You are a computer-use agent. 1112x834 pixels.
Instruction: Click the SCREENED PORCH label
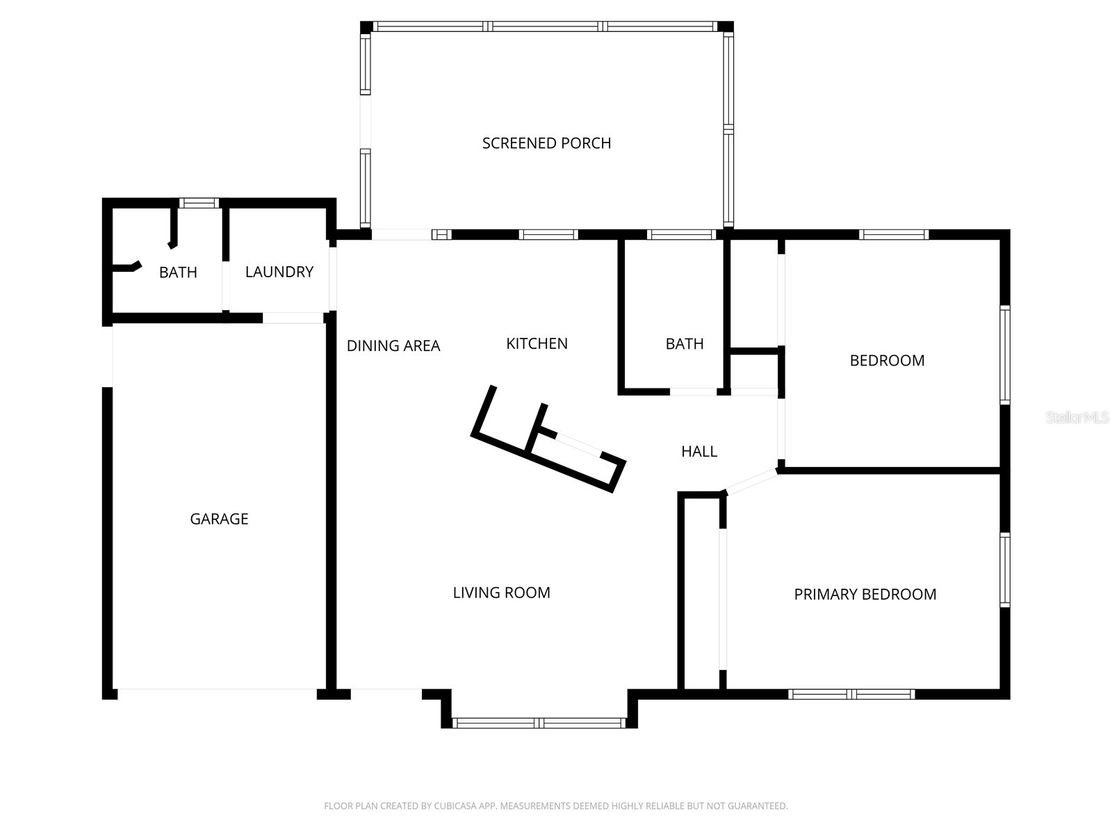(x=546, y=143)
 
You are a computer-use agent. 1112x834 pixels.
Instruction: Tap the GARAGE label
(x=219, y=519)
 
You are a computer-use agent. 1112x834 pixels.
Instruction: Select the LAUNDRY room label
(x=279, y=272)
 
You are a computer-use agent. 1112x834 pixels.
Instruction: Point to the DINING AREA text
(x=393, y=345)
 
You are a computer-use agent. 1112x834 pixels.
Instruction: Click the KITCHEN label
(x=537, y=343)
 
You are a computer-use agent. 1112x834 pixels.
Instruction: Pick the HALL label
(x=698, y=452)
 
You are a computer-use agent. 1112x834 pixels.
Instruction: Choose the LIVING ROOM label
(x=501, y=593)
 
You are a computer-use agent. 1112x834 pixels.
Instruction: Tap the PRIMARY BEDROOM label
(x=865, y=594)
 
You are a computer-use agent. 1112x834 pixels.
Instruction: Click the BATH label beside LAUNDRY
(x=178, y=272)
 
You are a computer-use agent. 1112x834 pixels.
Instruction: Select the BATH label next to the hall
(x=684, y=344)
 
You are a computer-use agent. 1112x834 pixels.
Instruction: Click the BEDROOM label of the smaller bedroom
(x=887, y=361)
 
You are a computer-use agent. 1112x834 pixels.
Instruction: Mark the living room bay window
(x=539, y=723)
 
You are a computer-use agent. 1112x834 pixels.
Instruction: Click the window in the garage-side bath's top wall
(x=199, y=203)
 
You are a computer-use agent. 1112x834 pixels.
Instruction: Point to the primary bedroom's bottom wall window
(x=851, y=694)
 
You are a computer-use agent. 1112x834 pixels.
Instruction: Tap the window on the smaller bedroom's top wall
(x=893, y=235)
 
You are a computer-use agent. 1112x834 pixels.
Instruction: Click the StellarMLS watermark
(x=1077, y=418)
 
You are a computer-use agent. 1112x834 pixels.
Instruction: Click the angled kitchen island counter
(x=549, y=438)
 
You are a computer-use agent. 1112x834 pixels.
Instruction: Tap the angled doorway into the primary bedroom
(x=751, y=482)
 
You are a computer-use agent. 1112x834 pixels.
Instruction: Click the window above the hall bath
(x=680, y=235)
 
